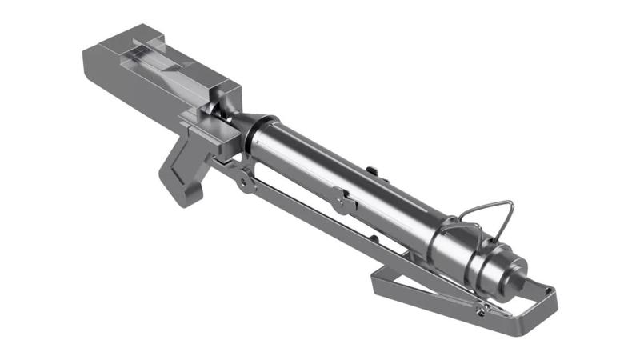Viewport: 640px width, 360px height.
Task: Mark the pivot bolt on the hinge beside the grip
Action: pos(241,182)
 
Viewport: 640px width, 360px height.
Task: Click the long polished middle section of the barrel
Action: pos(336,172)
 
